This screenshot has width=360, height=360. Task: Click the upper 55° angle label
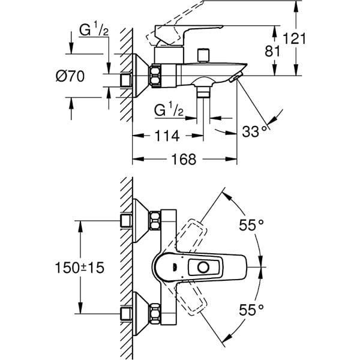[x=252, y=226]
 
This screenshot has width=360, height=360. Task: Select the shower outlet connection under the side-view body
[x=205, y=91]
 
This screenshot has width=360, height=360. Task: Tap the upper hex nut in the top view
[x=156, y=220]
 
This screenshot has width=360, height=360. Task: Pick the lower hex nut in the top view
[x=156, y=312]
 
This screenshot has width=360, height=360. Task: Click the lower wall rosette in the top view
[x=139, y=312]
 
